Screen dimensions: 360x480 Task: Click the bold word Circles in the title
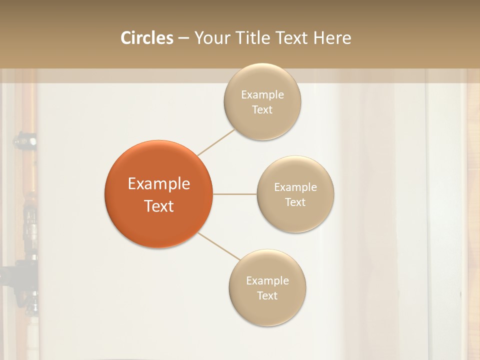146,38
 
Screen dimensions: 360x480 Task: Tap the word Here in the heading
332,38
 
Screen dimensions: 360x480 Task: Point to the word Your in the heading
211,38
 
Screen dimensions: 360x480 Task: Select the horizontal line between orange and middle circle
235,194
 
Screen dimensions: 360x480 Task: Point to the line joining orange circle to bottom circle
219,246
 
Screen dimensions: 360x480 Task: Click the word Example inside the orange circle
159,184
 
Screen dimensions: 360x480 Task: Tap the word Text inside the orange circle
159,206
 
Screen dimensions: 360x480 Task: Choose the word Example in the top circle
262,95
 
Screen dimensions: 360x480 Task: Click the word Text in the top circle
262,109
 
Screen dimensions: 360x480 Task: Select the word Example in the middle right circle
295,187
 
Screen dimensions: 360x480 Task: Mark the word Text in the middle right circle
295,202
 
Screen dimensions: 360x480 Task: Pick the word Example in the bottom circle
267,281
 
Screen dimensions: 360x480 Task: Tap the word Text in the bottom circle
267,295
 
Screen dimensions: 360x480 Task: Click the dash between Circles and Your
183,38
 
